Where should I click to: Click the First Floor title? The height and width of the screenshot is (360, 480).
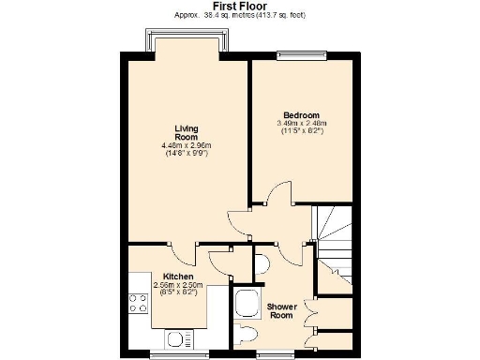click(239, 6)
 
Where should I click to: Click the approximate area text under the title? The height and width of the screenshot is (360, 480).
click(239, 16)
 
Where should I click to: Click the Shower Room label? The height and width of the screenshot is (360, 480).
click(281, 310)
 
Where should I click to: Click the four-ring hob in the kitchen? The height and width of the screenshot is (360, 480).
click(138, 303)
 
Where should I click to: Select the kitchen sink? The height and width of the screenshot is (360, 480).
click(177, 338)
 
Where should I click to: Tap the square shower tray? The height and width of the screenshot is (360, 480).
click(247, 302)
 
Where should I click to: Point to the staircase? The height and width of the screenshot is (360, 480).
click(334, 234)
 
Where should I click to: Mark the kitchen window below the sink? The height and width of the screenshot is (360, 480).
click(177, 353)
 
